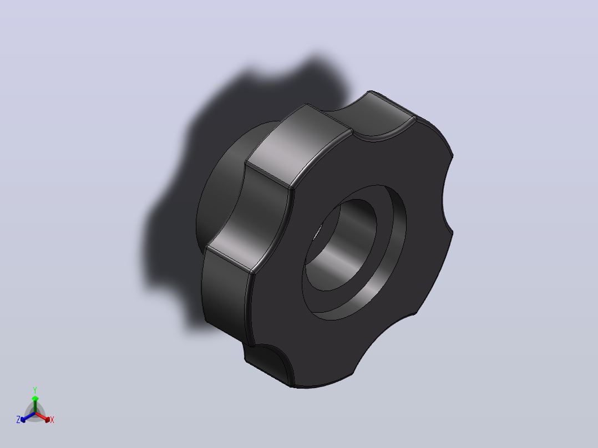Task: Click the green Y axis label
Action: point(35,390)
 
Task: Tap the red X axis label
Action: point(52,420)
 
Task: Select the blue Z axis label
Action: point(18,420)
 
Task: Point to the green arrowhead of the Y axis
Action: point(35,399)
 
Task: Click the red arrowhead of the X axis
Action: point(47,420)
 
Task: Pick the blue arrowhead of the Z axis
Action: point(23,419)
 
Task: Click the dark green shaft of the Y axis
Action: point(35,407)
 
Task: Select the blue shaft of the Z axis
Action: point(29,416)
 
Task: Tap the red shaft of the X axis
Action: point(41,416)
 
